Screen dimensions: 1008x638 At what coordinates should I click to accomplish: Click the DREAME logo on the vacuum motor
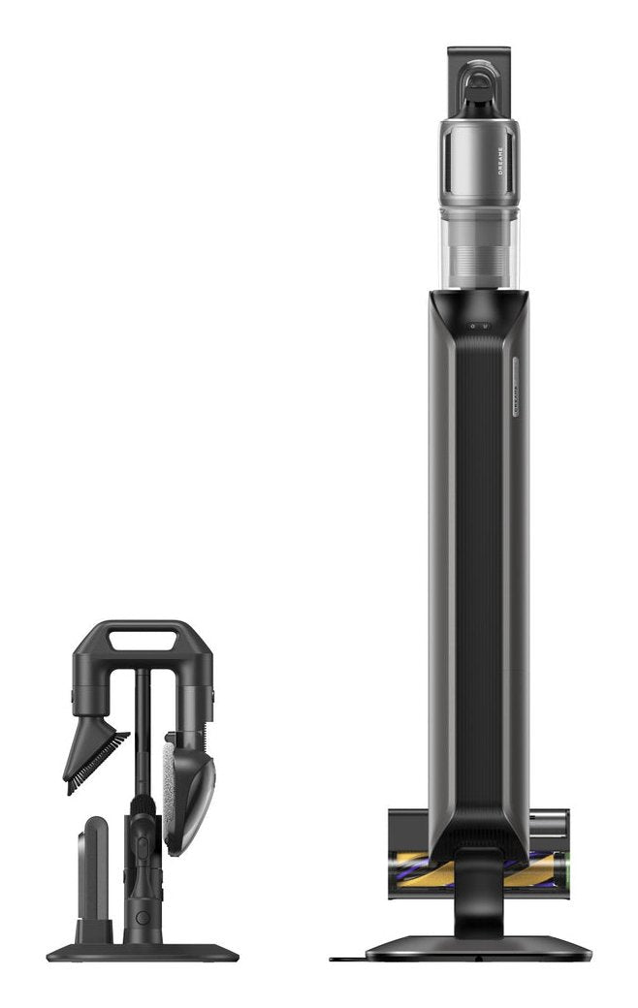click(x=500, y=161)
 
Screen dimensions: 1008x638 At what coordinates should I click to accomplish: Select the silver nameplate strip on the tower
click(x=516, y=388)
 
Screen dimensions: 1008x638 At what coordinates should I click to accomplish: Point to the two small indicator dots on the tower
click(x=478, y=327)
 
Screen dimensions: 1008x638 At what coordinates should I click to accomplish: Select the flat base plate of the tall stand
click(x=479, y=947)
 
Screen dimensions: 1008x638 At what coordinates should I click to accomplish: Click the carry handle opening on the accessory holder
click(x=143, y=641)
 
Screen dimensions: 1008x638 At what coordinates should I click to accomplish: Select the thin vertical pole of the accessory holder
click(x=143, y=727)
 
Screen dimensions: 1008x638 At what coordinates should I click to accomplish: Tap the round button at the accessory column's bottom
click(x=143, y=917)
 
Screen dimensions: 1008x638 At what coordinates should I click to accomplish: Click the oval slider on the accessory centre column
click(x=143, y=843)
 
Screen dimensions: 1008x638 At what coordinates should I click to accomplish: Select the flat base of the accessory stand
click(x=142, y=953)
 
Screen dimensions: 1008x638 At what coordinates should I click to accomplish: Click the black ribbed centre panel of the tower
click(x=479, y=582)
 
